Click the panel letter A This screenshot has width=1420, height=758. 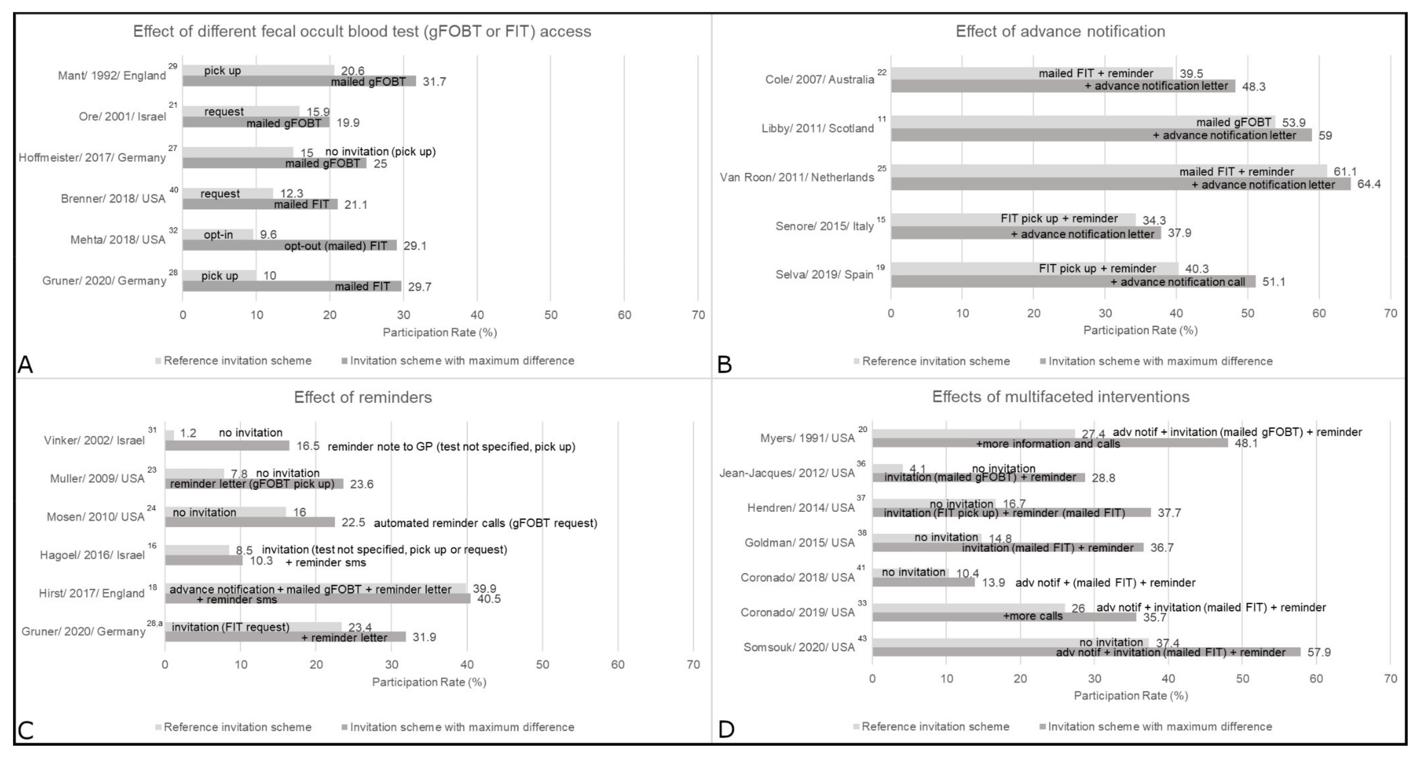point(25,364)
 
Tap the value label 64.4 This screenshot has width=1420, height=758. point(1369,184)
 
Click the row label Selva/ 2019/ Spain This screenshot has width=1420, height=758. point(824,274)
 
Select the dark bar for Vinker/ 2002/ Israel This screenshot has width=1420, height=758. point(227,446)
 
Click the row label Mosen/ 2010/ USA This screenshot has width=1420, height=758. point(95,517)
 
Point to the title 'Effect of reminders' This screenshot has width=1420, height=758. point(363,397)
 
